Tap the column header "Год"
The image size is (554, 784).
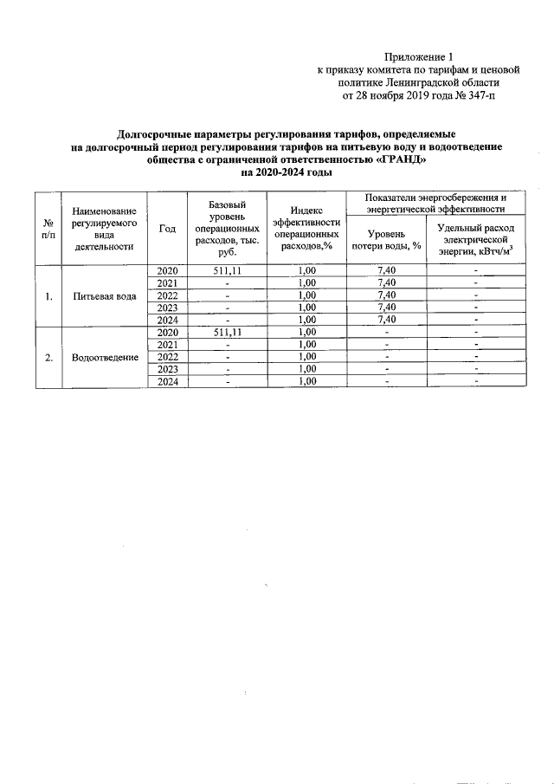(x=168, y=229)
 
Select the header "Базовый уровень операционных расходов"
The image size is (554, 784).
(x=228, y=229)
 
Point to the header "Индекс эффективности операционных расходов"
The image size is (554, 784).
(x=306, y=229)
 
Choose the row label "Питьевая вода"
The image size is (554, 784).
(x=105, y=295)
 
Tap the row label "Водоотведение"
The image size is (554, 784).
(x=105, y=357)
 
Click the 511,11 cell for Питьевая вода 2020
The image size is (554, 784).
(x=228, y=271)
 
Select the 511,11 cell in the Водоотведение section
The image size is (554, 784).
(x=228, y=333)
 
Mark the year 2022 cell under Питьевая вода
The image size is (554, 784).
(x=168, y=295)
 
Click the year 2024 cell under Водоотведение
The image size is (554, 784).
(x=168, y=381)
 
